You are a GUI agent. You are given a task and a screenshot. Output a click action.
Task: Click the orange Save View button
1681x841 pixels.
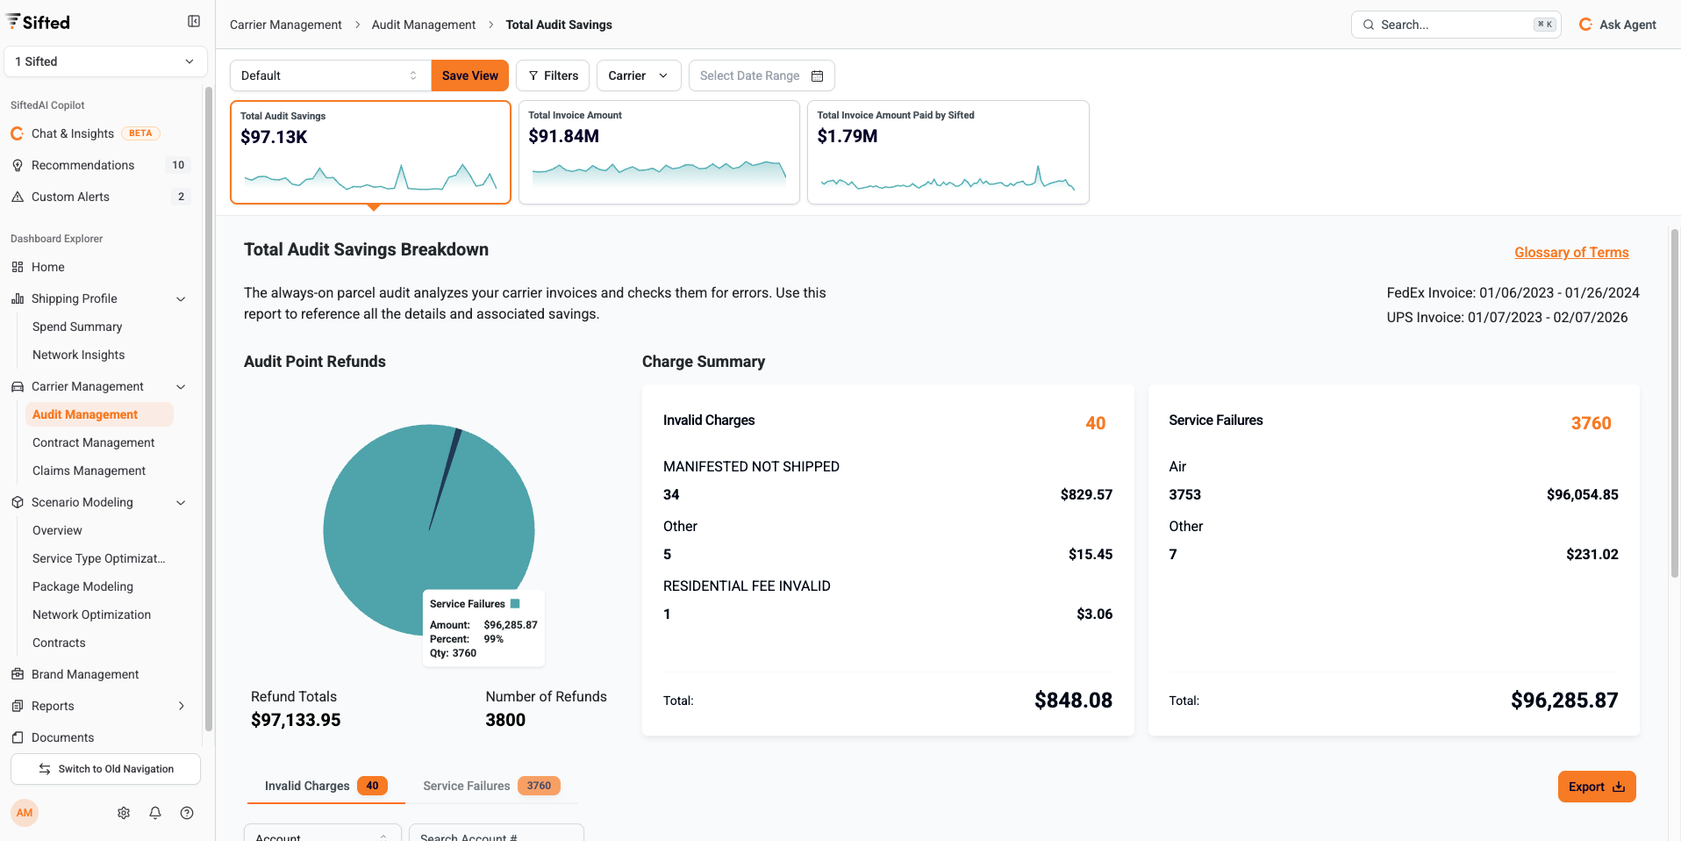[x=469, y=75]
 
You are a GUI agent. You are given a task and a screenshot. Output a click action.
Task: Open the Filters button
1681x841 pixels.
[x=553, y=75]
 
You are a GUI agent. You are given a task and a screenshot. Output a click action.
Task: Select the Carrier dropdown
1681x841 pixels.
[x=638, y=75]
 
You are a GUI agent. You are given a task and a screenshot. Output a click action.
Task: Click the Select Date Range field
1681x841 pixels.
[x=761, y=75]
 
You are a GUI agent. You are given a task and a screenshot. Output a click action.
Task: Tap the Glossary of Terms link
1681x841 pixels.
[x=1570, y=253]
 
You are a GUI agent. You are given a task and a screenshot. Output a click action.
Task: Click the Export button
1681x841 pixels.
[x=1596, y=787]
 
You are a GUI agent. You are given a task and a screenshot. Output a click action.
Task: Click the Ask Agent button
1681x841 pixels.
[x=1618, y=25]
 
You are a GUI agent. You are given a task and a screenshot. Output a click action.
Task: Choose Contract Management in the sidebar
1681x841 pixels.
[x=93, y=442]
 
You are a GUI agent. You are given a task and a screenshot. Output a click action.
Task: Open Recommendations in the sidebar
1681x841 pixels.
[x=83, y=165]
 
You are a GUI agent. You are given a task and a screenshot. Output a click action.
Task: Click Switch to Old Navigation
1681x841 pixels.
[x=105, y=769]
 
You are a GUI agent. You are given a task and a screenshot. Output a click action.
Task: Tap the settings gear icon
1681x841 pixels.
[x=124, y=813]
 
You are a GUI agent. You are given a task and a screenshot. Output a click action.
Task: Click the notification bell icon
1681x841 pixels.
[x=155, y=813]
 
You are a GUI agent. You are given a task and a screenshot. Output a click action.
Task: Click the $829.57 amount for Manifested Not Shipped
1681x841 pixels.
[x=1085, y=495]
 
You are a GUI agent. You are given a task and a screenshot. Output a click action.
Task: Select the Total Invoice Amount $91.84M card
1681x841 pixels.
[x=659, y=152]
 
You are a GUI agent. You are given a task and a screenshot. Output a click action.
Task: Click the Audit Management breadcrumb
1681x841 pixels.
[x=424, y=25]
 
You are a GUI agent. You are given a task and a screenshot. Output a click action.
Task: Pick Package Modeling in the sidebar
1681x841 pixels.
[x=82, y=586]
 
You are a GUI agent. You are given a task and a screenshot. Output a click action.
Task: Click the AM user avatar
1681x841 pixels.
[x=25, y=813]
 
